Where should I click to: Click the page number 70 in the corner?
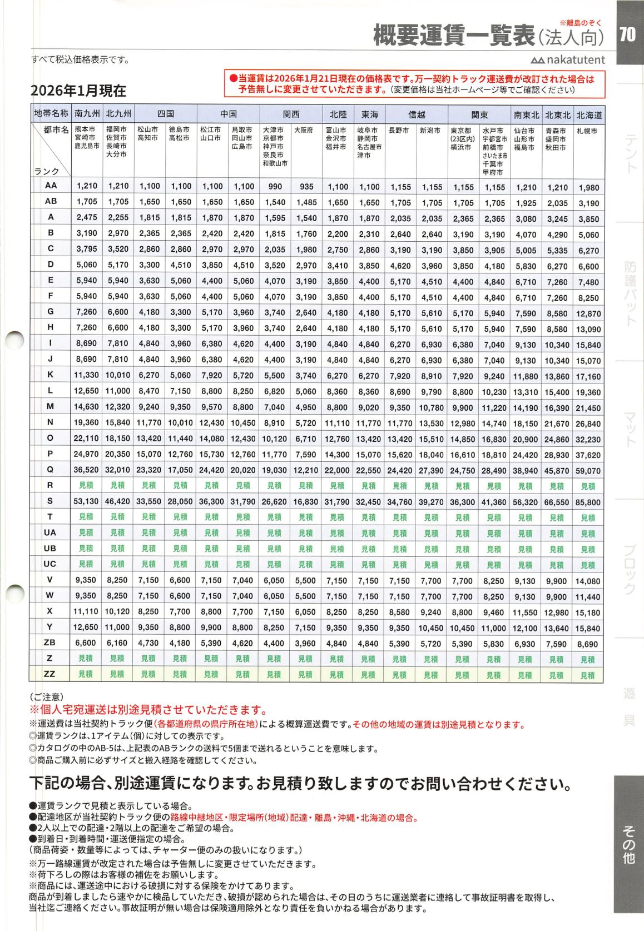coord(627,35)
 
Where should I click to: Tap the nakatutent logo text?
coord(568,60)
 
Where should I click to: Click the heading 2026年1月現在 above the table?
coord(78,90)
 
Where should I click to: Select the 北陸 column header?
coord(338,114)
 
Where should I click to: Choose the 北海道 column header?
coord(589,115)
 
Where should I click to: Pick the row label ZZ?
coord(50,674)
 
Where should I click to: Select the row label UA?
coord(50,532)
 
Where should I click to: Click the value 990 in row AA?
coord(275,187)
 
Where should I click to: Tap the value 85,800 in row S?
coord(589,502)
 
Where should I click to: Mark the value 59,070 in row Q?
coord(589,471)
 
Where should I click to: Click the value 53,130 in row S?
coord(86,502)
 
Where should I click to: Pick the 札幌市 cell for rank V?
coord(589,581)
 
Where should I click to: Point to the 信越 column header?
coord(417,114)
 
